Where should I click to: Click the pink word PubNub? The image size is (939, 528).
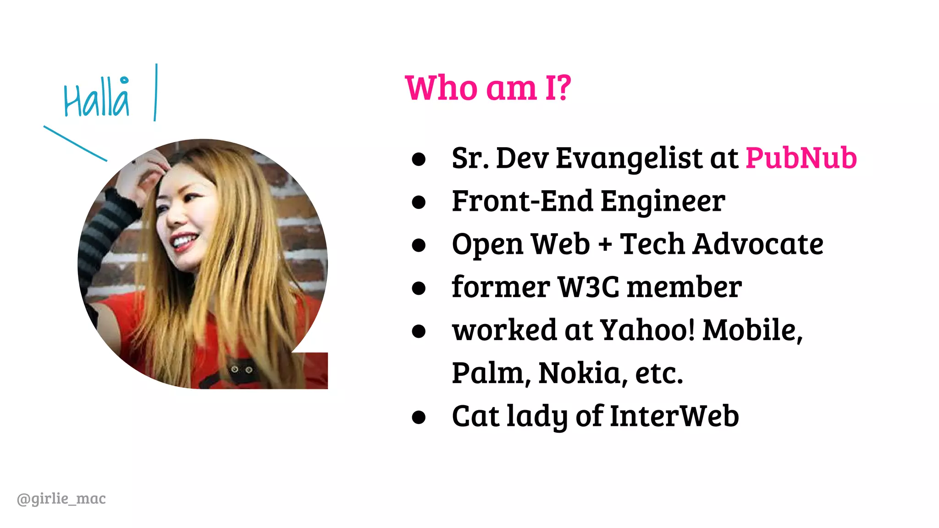pyautogui.click(x=801, y=158)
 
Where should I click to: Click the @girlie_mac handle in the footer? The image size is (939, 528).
pyautogui.click(x=61, y=498)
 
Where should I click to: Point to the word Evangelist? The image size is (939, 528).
pyautogui.click(x=629, y=158)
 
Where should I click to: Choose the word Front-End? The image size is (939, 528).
pyautogui.click(x=522, y=201)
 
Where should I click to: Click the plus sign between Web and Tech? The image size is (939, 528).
pyautogui.click(x=605, y=244)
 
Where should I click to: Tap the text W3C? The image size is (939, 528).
pyautogui.click(x=588, y=287)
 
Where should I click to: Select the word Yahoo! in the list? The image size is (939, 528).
pyautogui.click(x=647, y=330)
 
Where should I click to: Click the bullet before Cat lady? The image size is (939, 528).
pyautogui.click(x=419, y=417)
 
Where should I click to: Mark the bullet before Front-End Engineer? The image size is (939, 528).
pyautogui.click(x=419, y=202)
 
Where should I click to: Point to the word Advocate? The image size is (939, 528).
pyautogui.click(x=758, y=244)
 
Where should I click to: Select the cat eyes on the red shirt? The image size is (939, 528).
pyautogui.click(x=241, y=369)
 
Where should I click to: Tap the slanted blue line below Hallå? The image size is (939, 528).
pyautogui.click(x=75, y=143)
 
